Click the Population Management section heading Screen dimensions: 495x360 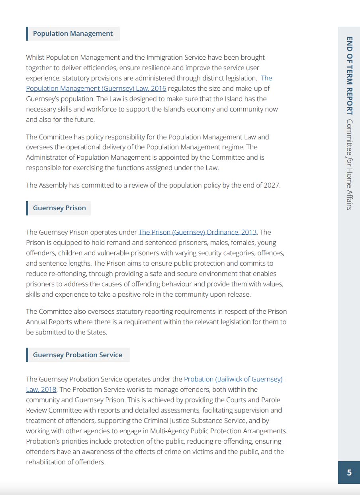click(x=73, y=34)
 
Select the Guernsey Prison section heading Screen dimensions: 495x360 click(x=59, y=208)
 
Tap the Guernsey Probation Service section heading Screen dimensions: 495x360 click(x=78, y=355)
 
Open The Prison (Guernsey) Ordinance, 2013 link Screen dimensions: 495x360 click(x=198, y=232)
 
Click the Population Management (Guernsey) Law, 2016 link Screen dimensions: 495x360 click(x=96, y=88)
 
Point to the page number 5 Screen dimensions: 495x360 click(x=349, y=473)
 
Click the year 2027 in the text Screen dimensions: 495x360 click(x=272, y=185)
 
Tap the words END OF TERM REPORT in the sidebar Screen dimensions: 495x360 click(x=349, y=76)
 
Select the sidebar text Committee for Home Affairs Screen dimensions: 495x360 click(x=349, y=164)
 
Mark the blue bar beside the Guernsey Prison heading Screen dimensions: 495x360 click(x=27, y=208)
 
